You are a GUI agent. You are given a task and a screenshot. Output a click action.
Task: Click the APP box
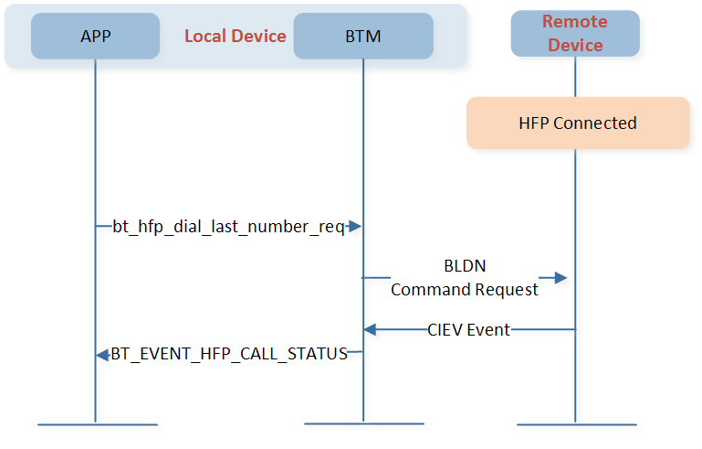[95, 36]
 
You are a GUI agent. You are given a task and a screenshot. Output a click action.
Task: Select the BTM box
[363, 36]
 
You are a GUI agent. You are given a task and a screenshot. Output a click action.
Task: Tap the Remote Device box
[575, 34]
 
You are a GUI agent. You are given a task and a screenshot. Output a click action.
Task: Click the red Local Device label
[235, 36]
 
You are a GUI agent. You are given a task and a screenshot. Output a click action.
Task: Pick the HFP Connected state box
[578, 123]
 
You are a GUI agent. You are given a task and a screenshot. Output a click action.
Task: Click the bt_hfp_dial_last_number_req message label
[228, 227]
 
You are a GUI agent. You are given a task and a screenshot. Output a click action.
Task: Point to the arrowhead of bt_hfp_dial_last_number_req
[354, 226]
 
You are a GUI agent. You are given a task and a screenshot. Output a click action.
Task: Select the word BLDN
[465, 266]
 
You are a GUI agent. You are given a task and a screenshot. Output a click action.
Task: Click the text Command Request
[465, 290]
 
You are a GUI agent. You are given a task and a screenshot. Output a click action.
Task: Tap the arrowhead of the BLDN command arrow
[561, 278]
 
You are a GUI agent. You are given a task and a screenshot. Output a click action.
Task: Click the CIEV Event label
[468, 330]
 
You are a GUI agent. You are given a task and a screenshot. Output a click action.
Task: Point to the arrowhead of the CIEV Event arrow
[370, 330]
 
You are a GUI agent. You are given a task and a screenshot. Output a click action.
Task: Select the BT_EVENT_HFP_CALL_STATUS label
[229, 354]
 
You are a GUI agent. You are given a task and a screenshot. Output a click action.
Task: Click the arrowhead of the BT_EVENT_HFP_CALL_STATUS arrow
[102, 355]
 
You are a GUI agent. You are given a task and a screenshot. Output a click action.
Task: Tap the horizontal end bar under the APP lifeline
[98, 424]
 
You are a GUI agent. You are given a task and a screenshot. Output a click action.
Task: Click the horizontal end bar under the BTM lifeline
[364, 423]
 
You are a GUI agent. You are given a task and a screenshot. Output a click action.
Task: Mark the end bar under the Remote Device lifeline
[577, 424]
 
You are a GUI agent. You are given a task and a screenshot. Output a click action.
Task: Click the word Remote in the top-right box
[575, 22]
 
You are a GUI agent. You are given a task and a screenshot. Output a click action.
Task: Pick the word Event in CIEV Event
[489, 330]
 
